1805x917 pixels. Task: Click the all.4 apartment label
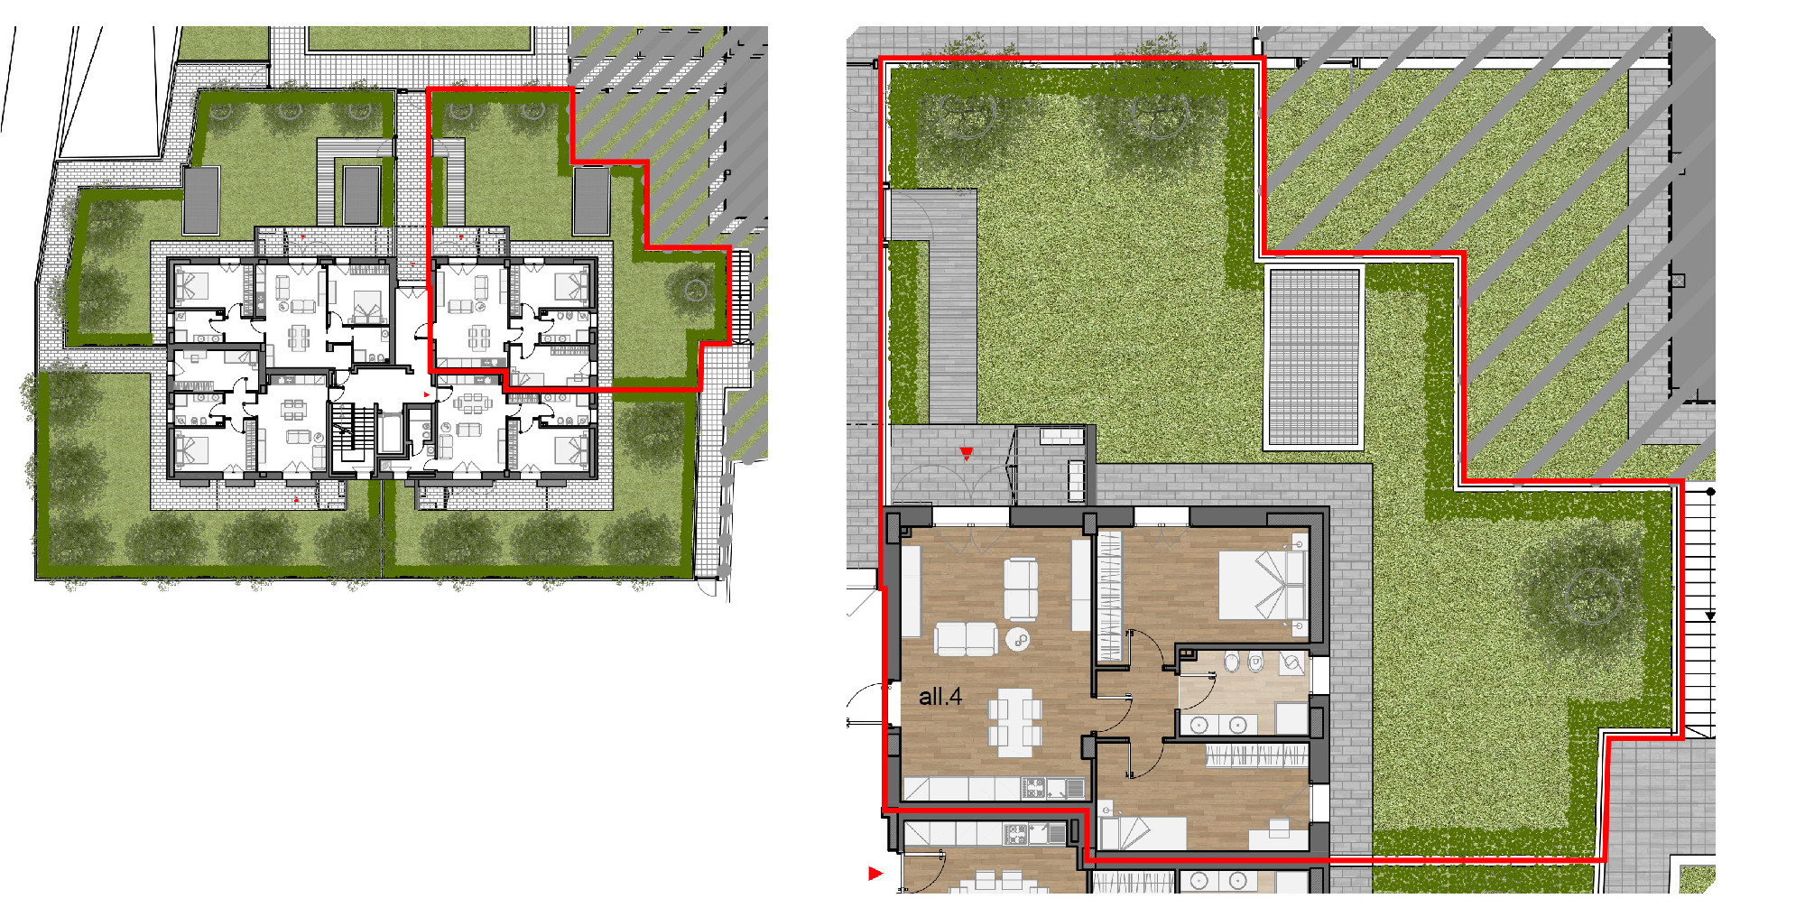pyautogui.click(x=940, y=697)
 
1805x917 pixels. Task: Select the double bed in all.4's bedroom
pyautogui.click(x=1262, y=584)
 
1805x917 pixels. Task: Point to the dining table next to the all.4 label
pyautogui.click(x=1014, y=722)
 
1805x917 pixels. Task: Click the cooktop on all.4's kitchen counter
pyautogui.click(x=1033, y=788)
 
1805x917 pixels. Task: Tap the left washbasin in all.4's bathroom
pyautogui.click(x=1199, y=725)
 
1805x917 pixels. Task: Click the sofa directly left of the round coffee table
pyautogui.click(x=966, y=639)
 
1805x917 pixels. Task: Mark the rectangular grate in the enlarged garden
pyautogui.click(x=1314, y=357)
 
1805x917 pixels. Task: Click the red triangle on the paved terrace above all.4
pyautogui.click(x=967, y=453)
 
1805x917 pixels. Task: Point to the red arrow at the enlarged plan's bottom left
pyautogui.click(x=875, y=873)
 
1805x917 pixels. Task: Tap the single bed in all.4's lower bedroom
pyautogui.click(x=1142, y=833)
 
